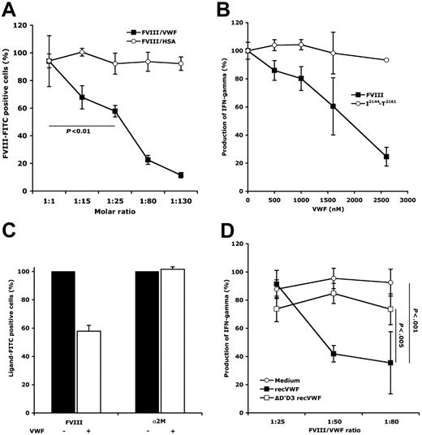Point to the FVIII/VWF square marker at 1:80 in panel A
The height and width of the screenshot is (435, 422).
click(x=148, y=159)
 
